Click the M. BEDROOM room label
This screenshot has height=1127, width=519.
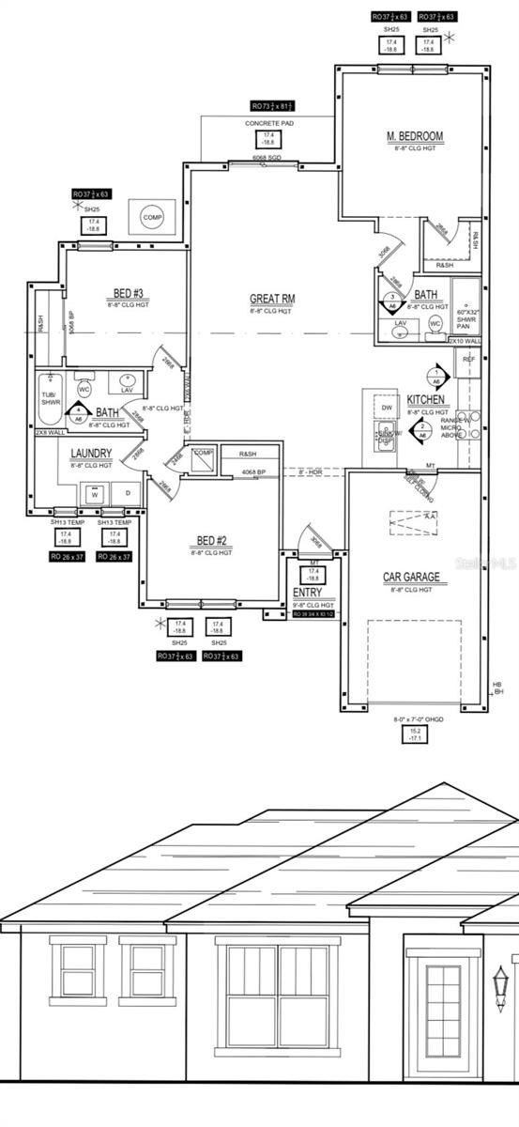coord(414,137)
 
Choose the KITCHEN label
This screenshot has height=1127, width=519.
coord(426,400)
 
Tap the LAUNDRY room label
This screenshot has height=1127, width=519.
coord(91,454)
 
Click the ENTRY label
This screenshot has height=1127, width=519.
coord(308,593)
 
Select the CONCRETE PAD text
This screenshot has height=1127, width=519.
coord(270,124)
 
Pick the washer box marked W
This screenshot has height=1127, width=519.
coord(94,494)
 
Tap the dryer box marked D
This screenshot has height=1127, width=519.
coord(127,494)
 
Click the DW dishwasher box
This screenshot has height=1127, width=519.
coord(386,408)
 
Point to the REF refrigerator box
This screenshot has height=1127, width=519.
coord(468,360)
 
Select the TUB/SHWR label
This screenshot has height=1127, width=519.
coord(49,399)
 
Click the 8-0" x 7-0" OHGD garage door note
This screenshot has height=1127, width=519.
coord(414,720)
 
